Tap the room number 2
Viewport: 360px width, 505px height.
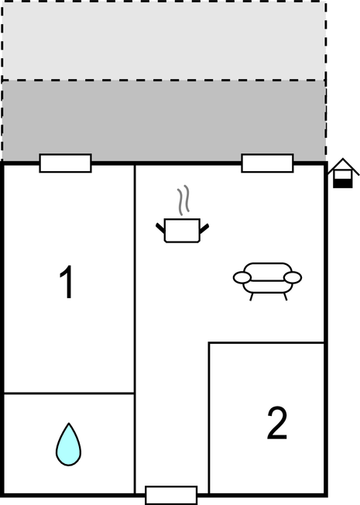[276, 423]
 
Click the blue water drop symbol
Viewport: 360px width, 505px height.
[68, 445]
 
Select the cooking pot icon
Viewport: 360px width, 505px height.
[183, 230]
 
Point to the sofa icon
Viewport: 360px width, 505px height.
[267, 280]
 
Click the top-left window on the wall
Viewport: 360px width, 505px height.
[65, 163]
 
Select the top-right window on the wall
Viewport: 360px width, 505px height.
[267, 163]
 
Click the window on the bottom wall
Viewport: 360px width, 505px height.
[171, 494]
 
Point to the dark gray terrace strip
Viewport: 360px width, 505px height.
[163, 121]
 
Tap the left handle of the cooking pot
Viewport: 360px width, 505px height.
[161, 227]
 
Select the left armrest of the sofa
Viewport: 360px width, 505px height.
[242, 277]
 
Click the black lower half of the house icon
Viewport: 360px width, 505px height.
[341, 183]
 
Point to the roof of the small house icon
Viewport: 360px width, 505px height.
[341, 166]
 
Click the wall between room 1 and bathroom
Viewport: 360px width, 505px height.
[70, 393]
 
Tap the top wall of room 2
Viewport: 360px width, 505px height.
[266, 343]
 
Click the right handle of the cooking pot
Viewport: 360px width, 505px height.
[204, 227]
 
